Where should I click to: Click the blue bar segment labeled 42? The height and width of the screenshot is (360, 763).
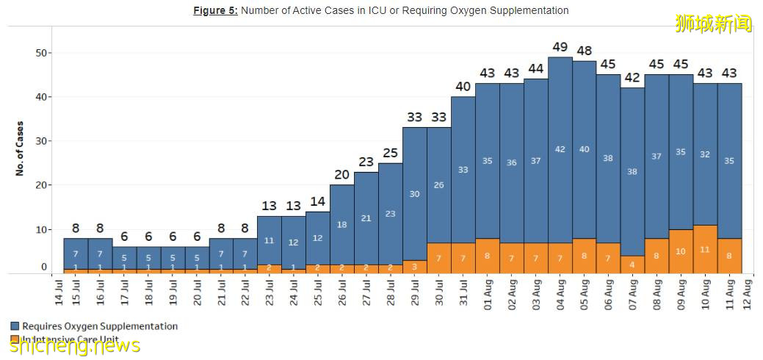560,149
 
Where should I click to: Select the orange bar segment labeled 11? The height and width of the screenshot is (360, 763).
705,249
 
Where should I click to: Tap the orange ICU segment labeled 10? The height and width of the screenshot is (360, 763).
681,251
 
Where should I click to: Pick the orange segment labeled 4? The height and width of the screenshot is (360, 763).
632,264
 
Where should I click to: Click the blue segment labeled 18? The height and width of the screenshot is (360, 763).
342,224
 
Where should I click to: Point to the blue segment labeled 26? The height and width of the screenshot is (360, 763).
438,185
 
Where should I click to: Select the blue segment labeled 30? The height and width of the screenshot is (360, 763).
414,194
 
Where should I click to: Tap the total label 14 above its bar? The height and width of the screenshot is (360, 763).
318,201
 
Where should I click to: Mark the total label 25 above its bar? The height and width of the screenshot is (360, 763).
390,153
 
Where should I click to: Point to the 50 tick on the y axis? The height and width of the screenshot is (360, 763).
42,53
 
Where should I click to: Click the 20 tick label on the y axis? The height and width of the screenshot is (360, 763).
42,185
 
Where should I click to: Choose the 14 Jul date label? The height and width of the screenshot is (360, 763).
59,291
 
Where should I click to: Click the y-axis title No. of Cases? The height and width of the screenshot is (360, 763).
20,148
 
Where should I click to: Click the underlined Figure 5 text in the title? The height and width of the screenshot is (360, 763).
215,11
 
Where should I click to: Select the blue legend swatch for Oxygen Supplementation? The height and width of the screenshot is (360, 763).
15,325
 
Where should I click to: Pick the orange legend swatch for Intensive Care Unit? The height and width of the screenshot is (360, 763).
15,339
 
